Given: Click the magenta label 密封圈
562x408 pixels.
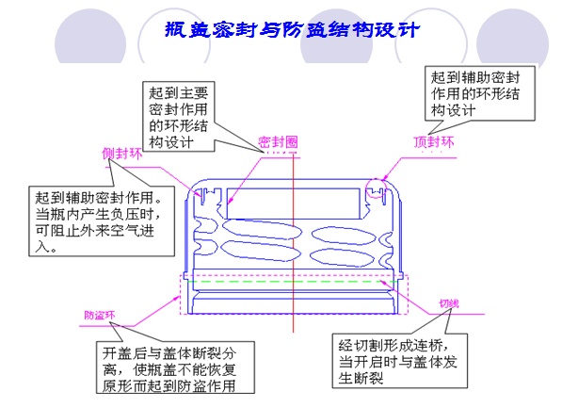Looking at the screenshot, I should click(278, 141).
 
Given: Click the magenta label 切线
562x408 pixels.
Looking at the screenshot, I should click(448, 304).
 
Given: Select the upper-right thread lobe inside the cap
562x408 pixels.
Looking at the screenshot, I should click(344, 234).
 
